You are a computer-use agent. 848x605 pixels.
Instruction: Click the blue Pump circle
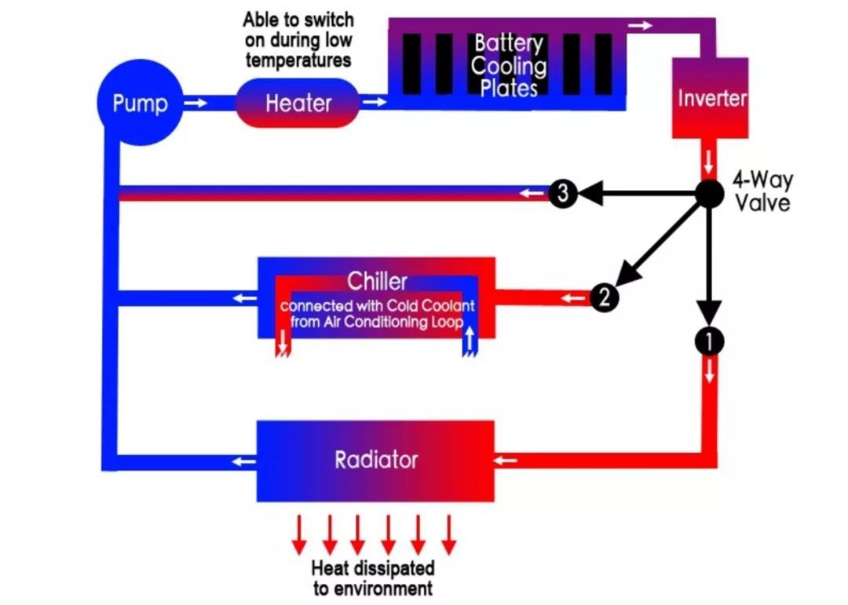coord(140,102)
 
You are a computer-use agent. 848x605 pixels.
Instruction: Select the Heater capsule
coord(298,103)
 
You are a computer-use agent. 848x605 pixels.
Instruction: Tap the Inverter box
coord(710,98)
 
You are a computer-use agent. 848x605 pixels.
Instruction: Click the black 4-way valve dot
coord(708,193)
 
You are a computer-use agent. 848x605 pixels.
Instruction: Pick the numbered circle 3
coord(563,192)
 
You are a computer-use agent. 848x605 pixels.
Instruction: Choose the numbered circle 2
coord(605,297)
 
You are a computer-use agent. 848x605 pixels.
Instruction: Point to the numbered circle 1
coord(709,341)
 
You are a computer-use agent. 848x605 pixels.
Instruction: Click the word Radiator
coord(376,460)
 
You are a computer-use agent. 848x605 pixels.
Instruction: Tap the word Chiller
coord(377,281)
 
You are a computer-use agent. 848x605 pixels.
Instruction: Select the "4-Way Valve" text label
coord(763,191)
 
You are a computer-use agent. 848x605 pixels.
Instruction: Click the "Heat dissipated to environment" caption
coord(373,578)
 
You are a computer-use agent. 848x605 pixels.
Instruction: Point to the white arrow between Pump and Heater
coord(196,103)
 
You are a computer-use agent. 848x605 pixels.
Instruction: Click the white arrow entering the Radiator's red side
coord(506,461)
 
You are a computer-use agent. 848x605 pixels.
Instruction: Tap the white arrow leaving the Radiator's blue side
coord(244,461)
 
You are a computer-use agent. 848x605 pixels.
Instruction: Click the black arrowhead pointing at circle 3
coord(591,193)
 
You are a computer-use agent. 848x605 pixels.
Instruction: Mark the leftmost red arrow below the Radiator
coord(299,535)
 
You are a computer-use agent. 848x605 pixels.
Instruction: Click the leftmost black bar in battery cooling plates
coord(411,64)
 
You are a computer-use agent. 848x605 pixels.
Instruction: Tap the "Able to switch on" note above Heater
coord(298,40)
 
